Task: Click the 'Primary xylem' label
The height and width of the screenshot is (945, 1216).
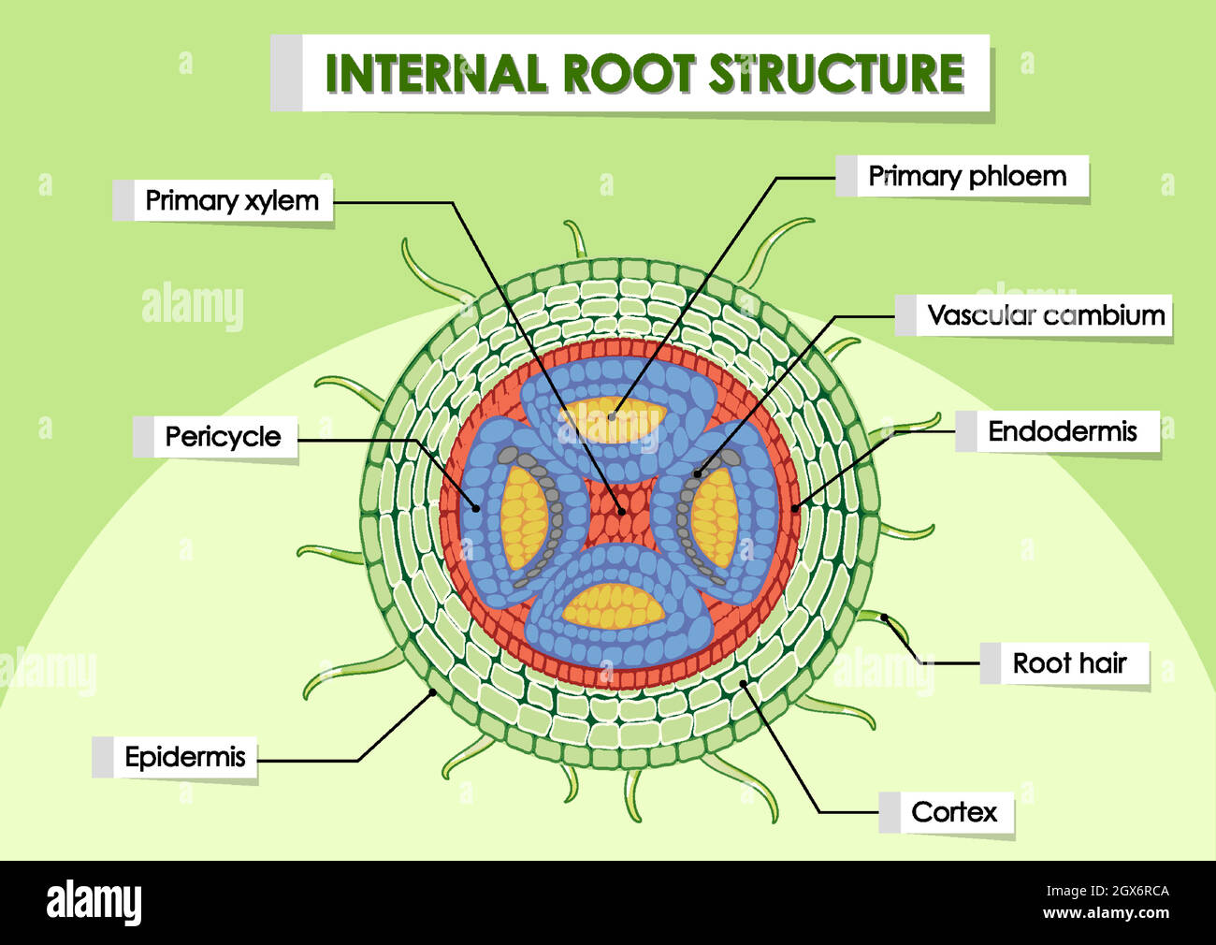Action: [231, 200]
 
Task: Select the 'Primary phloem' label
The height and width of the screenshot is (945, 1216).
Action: [967, 176]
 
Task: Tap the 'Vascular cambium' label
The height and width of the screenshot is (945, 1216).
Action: [1045, 315]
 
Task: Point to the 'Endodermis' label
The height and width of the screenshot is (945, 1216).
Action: [1062, 431]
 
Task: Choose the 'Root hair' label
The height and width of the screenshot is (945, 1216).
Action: [1069, 663]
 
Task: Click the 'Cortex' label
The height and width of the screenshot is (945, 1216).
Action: [954, 812]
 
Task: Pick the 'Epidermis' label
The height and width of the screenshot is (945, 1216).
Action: [185, 757]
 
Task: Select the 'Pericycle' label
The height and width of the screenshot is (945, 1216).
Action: [223, 437]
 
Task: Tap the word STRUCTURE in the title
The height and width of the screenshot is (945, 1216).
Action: [836, 74]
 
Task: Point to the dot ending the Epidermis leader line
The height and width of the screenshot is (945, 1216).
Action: [432, 692]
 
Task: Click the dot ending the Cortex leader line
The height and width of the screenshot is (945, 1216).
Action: [744, 683]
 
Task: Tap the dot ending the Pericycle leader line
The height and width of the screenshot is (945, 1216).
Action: [477, 509]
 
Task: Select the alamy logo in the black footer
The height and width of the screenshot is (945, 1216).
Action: [94, 902]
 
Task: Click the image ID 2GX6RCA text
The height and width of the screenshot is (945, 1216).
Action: [1132, 892]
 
